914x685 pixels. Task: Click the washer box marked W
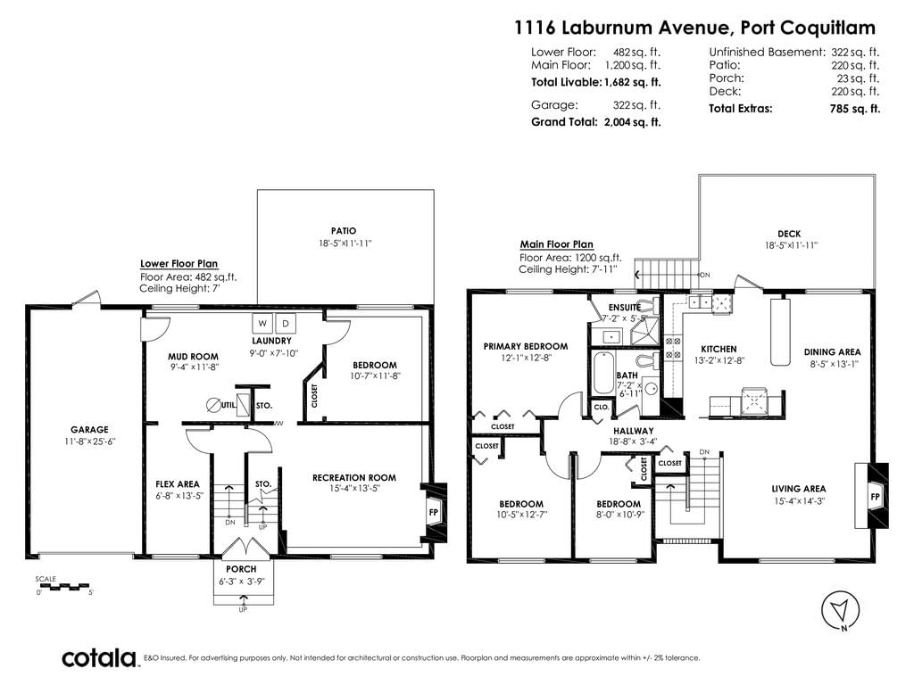(x=262, y=323)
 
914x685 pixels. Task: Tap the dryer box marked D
(x=285, y=323)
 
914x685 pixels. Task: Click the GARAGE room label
(x=90, y=430)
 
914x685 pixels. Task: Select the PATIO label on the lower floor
(x=344, y=231)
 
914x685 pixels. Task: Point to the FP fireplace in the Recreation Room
(x=434, y=513)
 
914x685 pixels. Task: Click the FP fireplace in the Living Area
(x=875, y=496)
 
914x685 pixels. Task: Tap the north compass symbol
(x=841, y=611)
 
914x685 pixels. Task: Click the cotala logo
(x=100, y=658)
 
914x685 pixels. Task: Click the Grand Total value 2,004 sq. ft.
(x=633, y=122)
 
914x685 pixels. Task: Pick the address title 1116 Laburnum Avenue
(x=621, y=28)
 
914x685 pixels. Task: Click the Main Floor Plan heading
(x=557, y=244)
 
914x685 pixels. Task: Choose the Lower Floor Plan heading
(x=179, y=264)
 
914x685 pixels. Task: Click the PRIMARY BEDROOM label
(x=526, y=347)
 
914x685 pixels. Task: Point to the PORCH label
(x=241, y=569)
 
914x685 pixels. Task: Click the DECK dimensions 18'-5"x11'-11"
(x=792, y=245)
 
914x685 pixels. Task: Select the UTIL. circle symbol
(x=214, y=405)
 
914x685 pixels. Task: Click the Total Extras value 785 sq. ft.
(x=854, y=108)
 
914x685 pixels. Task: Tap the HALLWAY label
(x=634, y=431)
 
